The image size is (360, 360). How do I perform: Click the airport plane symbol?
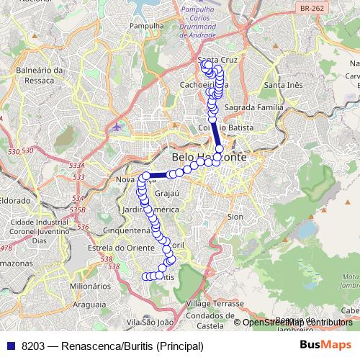(x=117, y=128)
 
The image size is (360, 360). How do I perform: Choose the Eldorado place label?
(x=14, y=200)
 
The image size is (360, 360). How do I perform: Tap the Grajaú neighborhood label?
(x=166, y=194)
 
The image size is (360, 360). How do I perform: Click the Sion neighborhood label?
(x=235, y=216)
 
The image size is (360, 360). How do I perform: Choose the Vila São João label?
(x=150, y=322)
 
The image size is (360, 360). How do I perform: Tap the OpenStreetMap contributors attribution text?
(x=297, y=323)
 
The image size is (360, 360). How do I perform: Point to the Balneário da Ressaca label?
(x=40, y=75)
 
